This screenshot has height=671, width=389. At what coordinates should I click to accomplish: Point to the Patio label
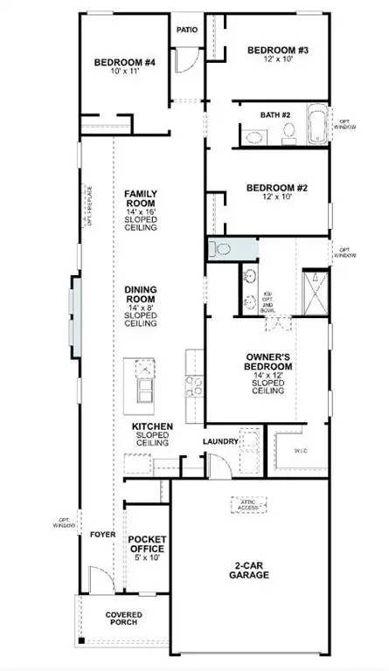click(x=188, y=30)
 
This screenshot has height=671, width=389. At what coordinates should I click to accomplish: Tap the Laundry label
click(x=221, y=442)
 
